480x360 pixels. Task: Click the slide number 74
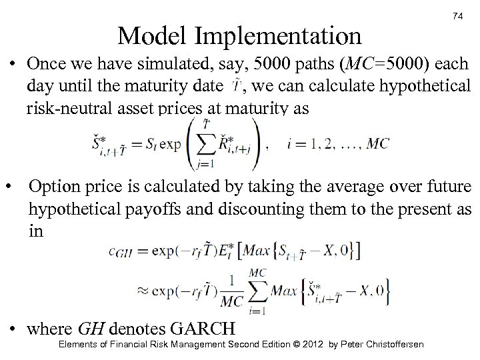457,15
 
